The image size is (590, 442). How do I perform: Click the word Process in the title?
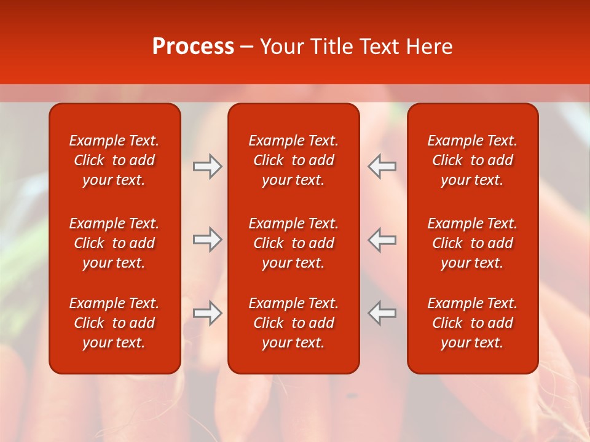click(193, 47)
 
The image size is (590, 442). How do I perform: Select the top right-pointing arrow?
click(207, 166)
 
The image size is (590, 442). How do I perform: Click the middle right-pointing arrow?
click(207, 239)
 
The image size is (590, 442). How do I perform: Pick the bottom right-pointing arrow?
click(207, 313)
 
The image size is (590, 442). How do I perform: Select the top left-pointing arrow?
click(382, 166)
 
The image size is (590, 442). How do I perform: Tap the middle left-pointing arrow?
click(382, 239)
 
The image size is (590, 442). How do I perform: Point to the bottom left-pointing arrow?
click(382, 313)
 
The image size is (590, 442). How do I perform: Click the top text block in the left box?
click(114, 160)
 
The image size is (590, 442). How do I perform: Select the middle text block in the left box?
click(114, 243)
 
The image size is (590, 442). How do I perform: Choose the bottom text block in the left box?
click(114, 323)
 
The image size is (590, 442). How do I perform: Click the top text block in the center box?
click(294, 160)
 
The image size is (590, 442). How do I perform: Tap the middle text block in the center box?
click(294, 243)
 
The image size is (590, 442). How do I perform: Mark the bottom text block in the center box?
click(294, 323)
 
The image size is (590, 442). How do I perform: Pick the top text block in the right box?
click(473, 160)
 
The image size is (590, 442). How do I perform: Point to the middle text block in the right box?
click(473, 243)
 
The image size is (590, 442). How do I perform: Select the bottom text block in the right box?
click(473, 323)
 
